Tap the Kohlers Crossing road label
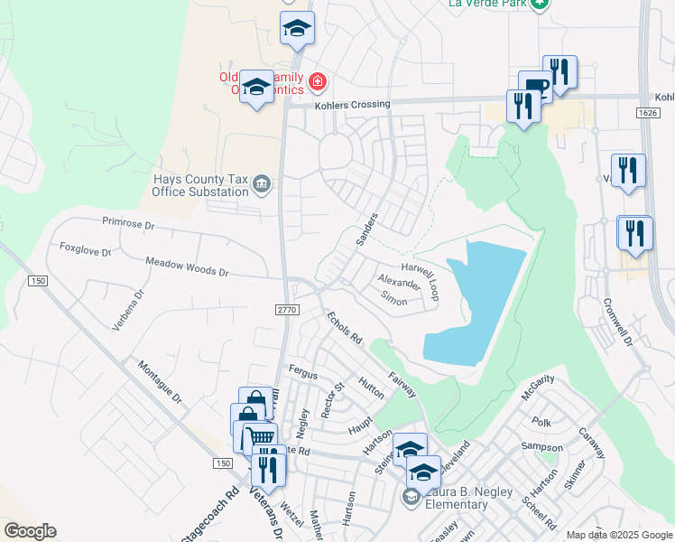(x=352, y=105)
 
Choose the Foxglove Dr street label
(x=85, y=249)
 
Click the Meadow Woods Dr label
(x=187, y=266)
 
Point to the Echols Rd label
(x=344, y=329)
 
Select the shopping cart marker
(x=262, y=438)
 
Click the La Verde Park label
(x=487, y=4)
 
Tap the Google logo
(x=30, y=531)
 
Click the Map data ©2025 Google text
(x=618, y=535)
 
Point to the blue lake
(x=478, y=303)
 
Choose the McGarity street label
(x=538, y=387)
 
